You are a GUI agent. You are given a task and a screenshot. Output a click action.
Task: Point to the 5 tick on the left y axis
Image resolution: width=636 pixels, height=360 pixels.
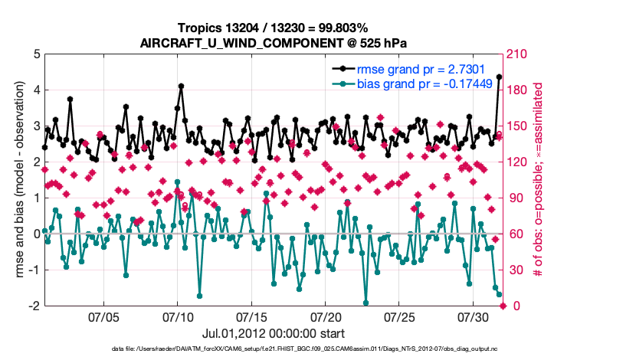pyautogui.click(x=36, y=54)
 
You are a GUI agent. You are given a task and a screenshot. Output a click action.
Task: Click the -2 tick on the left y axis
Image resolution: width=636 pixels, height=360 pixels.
pyautogui.click(x=34, y=306)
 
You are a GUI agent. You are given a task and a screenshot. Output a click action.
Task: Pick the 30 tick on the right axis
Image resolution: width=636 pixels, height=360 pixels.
pyautogui.click(x=513, y=270)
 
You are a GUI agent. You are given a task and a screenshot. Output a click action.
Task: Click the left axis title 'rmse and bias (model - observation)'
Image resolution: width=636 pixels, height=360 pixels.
pyautogui.click(x=19, y=180)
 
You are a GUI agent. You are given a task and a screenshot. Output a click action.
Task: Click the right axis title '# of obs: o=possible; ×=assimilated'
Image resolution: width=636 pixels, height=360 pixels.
pyautogui.click(x=539, y=180)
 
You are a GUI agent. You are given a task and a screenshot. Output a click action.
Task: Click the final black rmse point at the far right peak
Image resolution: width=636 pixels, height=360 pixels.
pyautogui.click(x=500, y=77)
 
